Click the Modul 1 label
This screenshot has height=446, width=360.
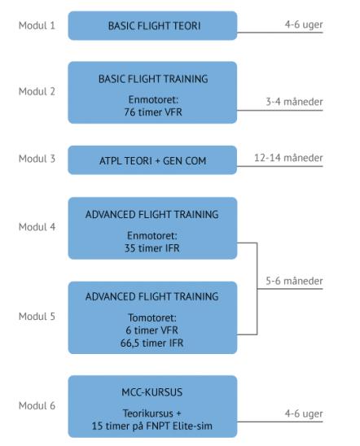(37, 25)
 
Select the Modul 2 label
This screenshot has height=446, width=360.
(37, 92)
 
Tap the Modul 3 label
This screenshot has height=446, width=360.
(37, 159)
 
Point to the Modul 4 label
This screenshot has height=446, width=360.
(37, 227)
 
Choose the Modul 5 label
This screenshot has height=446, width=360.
(37, 317)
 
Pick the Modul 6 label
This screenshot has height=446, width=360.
(37, 405)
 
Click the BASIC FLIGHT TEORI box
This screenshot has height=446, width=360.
(152, 25)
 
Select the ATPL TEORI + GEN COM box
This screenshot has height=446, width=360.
(152, 160)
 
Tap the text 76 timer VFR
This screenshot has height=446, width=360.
(153, 112)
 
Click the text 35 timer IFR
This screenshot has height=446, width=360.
(152, 248)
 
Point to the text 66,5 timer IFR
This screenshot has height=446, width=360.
(151, 343)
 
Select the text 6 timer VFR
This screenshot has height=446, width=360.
(151, 330)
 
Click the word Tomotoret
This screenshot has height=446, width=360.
(152, 317)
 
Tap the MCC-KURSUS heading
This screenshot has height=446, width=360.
(152, 392)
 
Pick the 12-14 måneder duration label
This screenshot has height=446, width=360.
(288, 158)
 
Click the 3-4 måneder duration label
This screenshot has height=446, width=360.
(294, 102)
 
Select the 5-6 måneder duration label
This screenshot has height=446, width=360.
(294, 281)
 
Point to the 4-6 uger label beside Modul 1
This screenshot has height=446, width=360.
(304, 24)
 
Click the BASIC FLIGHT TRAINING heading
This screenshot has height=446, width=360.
(153, 79)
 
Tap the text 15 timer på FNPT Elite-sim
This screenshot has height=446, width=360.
(152, 426)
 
